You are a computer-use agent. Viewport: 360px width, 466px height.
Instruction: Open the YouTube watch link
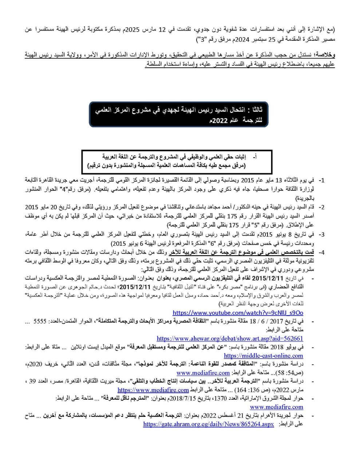tap(238, 313)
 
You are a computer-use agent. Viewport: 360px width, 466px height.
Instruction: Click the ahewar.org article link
tap(230, 338)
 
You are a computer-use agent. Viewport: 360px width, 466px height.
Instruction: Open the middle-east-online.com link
tap(263, 356)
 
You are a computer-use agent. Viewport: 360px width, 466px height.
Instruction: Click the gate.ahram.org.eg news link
tap(208, 424)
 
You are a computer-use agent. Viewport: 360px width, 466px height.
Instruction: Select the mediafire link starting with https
tap(153, 390)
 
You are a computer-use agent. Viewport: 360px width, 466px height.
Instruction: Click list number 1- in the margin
tap(321, 180)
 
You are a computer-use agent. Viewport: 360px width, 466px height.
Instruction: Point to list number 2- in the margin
tap(321, 207)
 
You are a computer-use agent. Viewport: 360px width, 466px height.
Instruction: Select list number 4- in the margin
tap(321, 252)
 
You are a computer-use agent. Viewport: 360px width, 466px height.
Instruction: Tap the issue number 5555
tap(40, 321)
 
